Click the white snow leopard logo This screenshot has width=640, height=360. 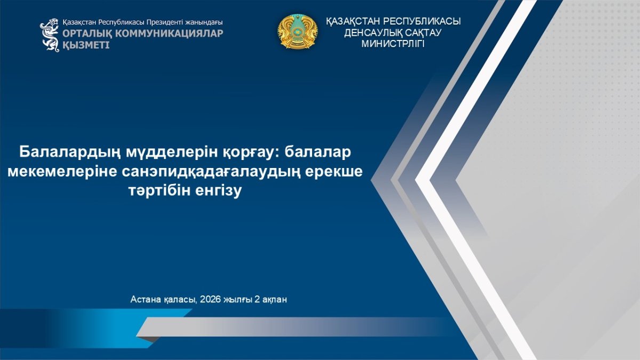coord(50,35)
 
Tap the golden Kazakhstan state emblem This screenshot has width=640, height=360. coord(298,31)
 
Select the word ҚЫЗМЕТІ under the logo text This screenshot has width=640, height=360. coord(86,45)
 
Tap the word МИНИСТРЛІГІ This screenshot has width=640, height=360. coord(393,44)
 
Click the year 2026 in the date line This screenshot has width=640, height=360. coord(211,299)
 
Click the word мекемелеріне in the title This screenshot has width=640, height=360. coord(62,172)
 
